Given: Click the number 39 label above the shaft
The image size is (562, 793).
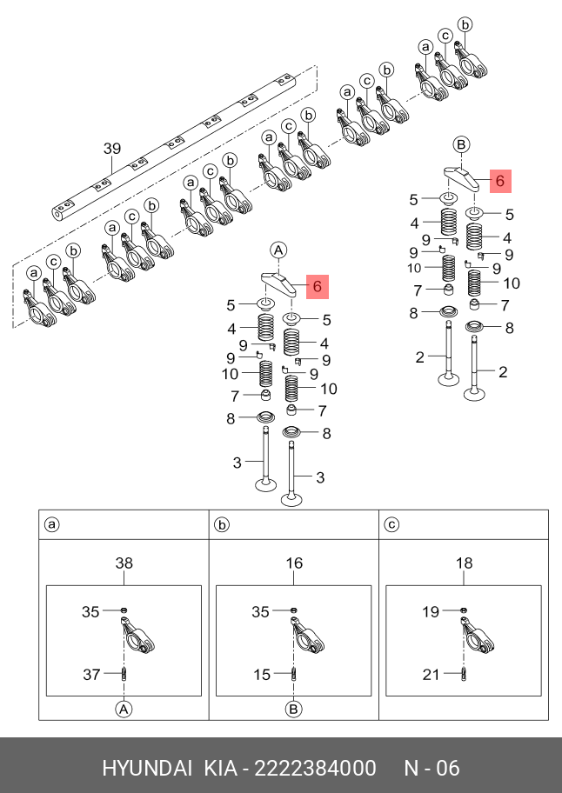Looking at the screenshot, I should click(x=112, y=149).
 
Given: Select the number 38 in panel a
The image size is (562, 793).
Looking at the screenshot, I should click(x=124, y=563).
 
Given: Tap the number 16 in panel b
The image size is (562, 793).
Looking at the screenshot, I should click(x=294, y=563).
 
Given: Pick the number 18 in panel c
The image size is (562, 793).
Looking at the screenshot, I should click(x=465, y=563).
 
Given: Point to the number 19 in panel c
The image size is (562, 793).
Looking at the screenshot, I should click(x=432, y=612).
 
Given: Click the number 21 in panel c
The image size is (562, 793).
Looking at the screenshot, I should click(x=432, y=673).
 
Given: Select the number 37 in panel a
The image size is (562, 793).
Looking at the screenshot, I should click(x=91, y=673).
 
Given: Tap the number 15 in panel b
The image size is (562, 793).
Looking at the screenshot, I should click(x=261, y=673).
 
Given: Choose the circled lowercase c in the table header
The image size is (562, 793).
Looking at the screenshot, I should click(x=391, y=524).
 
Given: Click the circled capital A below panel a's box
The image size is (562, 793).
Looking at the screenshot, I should click(x=124, y=709).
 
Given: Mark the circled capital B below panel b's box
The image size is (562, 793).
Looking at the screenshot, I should click(x=294, y=709).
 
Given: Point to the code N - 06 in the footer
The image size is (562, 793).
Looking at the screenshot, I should click(x=432, y=768).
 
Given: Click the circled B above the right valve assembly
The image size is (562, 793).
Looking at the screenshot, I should click(x=462, y=143).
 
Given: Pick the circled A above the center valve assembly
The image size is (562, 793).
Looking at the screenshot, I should click(x=279, y=250).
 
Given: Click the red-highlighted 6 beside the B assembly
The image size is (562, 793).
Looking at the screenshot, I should click(x=499, y=181).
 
